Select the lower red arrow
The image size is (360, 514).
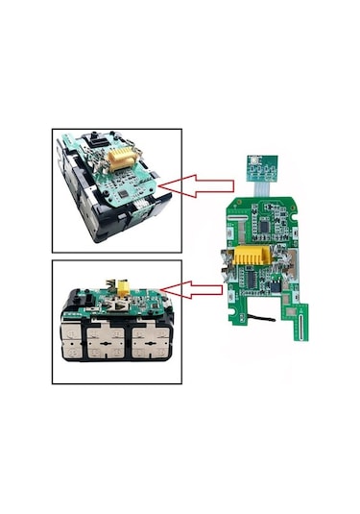tap(196, 287)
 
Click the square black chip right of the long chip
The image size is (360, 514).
tap(276, 286)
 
